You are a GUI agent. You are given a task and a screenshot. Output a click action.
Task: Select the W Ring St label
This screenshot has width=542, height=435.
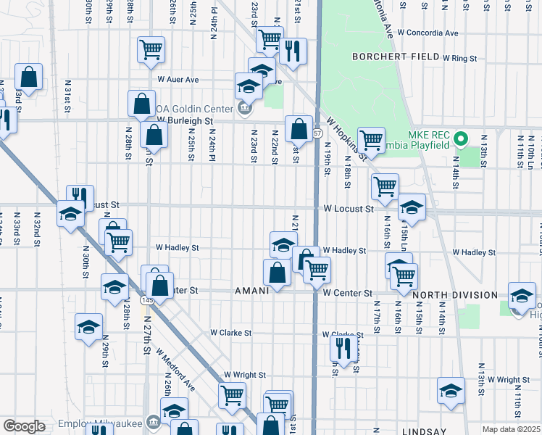click(x=461, y=57)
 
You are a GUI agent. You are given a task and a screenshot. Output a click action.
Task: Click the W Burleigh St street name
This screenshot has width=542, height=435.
click(x=185, y=120)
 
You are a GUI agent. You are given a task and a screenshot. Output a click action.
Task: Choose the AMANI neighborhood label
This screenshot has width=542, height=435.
click(x=251, y=291)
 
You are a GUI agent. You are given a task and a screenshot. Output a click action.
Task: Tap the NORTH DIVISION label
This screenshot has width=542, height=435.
click(x=454, y=295)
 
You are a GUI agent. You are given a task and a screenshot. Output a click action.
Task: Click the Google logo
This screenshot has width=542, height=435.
click(x=24, y=426)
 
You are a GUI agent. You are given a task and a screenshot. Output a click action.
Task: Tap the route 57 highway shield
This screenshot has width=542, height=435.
click(x=318, y=133)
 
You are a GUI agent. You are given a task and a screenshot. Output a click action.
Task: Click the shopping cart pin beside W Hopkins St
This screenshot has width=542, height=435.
click(x=371, y=140)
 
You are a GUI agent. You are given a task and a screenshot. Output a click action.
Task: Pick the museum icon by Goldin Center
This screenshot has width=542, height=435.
click(x=244, y=109)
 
